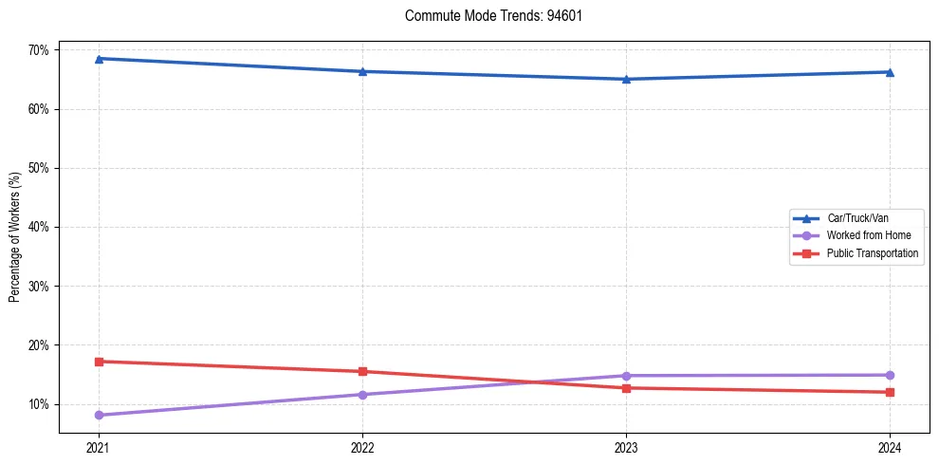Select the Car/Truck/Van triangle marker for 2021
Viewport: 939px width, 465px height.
[x=99, y=59]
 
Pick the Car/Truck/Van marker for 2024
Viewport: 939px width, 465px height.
[x=890, y=72]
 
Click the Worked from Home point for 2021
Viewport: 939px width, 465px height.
[x=99, y=415]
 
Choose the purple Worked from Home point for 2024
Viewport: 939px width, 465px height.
[x=890, y=375]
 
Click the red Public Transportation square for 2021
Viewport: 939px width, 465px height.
[x=99, y=362]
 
